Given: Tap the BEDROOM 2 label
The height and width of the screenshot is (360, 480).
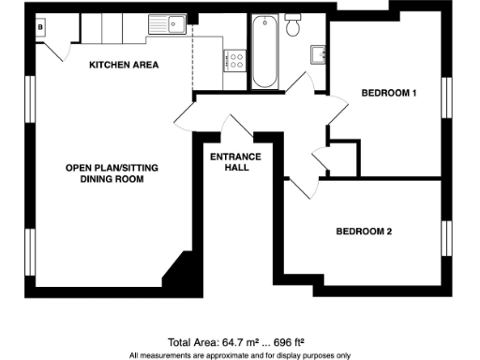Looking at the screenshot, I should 365,231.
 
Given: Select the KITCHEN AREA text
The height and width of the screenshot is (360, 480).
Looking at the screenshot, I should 124,65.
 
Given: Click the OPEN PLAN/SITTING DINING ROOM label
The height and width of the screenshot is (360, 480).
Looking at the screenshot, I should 104,173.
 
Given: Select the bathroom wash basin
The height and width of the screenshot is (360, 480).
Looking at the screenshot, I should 319,52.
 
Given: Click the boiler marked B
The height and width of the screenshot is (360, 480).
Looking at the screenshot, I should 40,28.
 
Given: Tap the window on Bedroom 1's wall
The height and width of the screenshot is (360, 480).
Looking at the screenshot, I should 447,97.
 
